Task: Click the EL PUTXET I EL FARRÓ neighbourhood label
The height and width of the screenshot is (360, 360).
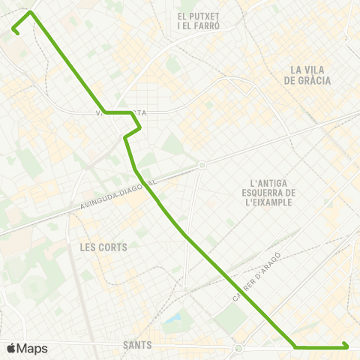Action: [x=198, y=20]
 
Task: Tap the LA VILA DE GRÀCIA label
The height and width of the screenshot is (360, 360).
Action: [x=308, y=75]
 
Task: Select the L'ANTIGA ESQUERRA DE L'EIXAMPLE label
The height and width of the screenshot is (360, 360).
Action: [x=272, y=192]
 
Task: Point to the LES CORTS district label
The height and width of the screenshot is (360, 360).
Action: [x=103, y=247]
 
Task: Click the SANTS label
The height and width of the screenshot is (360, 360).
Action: [x=136, y=346]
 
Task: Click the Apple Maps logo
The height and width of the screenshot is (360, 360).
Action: [x=27, y=348]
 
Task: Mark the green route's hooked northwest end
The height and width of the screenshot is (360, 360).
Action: [x=14, y=30]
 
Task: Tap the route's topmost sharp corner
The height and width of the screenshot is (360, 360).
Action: [x=30, y=12]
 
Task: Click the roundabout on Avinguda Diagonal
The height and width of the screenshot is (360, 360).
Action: [x=201, y=165]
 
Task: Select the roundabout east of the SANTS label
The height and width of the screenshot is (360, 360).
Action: [x=238, y=348]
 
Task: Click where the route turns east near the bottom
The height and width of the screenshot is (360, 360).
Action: [x=297, y=347]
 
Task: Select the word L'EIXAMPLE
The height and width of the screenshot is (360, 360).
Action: [x=272, y=202]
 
